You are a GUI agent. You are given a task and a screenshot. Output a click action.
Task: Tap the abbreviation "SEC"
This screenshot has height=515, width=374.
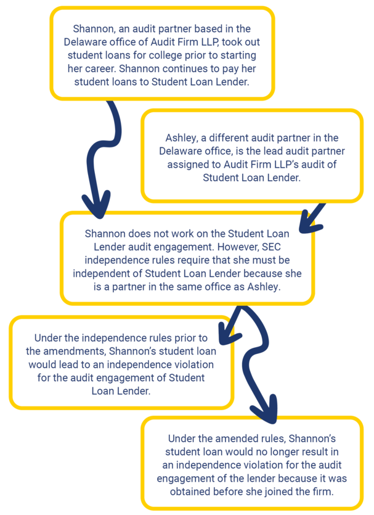pyautogui.click(x=271, y=247)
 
